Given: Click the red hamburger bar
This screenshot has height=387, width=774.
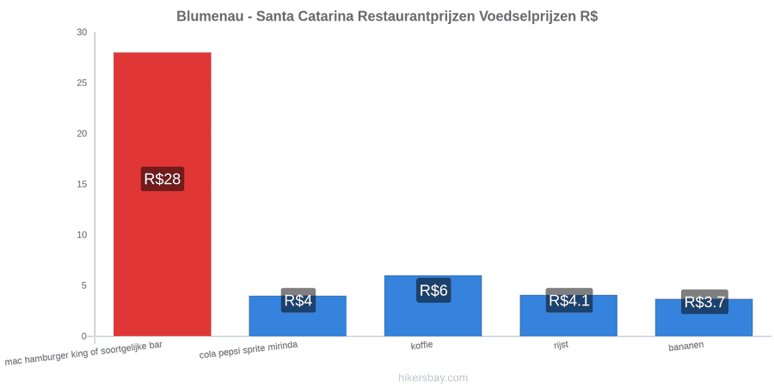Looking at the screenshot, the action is click(163, 194).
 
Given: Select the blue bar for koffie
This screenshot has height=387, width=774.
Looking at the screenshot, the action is click(433, 305).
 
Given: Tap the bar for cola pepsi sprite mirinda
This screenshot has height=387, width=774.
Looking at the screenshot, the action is click(298, 316).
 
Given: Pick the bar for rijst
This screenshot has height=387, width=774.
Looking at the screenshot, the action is click(568, 316).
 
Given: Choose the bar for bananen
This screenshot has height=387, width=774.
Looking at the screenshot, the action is click(703, 317).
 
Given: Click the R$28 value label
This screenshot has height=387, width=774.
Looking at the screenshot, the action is click(163, 179).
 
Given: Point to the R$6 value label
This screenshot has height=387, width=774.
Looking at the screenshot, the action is click(433, 291).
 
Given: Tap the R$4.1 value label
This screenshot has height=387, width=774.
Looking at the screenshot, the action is click(569, 300).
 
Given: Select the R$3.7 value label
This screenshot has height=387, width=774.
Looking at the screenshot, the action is click(704, 302).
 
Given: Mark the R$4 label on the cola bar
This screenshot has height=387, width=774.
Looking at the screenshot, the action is click(298, 300).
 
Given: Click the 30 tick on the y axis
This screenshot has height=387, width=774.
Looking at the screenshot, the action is click(82, 33).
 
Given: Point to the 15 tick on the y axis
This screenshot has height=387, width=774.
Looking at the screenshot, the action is click(82, 184).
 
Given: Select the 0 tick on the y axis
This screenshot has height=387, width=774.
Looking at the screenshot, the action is click(84, 336).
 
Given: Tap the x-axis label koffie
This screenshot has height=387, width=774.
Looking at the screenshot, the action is click(422, 345).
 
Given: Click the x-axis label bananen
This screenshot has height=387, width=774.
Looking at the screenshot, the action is click(686, 347).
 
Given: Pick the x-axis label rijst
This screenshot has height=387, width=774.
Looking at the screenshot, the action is click(561, 345).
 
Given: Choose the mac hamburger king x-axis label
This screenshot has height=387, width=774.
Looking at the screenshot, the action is click(83, 353).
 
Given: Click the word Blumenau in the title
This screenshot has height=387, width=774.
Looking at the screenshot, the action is click(210, 16).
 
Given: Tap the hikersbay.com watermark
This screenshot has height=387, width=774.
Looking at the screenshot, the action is click(433, 378).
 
